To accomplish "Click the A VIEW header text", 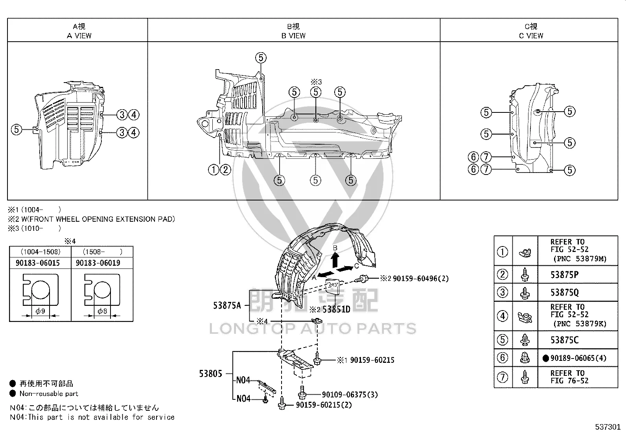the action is [79, 36].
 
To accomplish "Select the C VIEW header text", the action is [531, 36].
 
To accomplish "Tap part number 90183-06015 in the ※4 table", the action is [38, 263].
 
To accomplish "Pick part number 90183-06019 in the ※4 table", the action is [98, 263].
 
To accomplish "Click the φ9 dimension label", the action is [41, 311].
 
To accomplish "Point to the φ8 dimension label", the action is [102, 311].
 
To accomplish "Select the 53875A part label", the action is [227, 305].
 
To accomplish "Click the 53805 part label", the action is [210, 373].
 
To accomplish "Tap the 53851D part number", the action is [337, 309].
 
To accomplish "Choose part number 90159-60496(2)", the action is [421, 279].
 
